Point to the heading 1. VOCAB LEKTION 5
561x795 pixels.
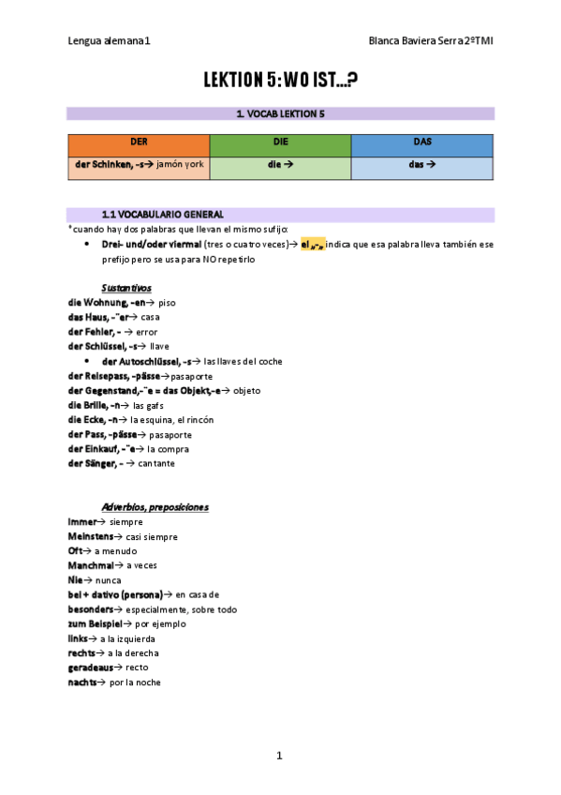280,113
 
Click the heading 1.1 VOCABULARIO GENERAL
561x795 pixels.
162,215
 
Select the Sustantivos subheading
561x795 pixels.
126,288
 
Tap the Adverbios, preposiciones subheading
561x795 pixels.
155,507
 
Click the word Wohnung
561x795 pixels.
100,303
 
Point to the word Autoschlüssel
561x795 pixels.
145,361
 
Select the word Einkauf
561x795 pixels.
104,448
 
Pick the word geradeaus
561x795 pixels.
91,667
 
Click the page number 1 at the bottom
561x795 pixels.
279,755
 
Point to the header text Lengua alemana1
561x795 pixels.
110,41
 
